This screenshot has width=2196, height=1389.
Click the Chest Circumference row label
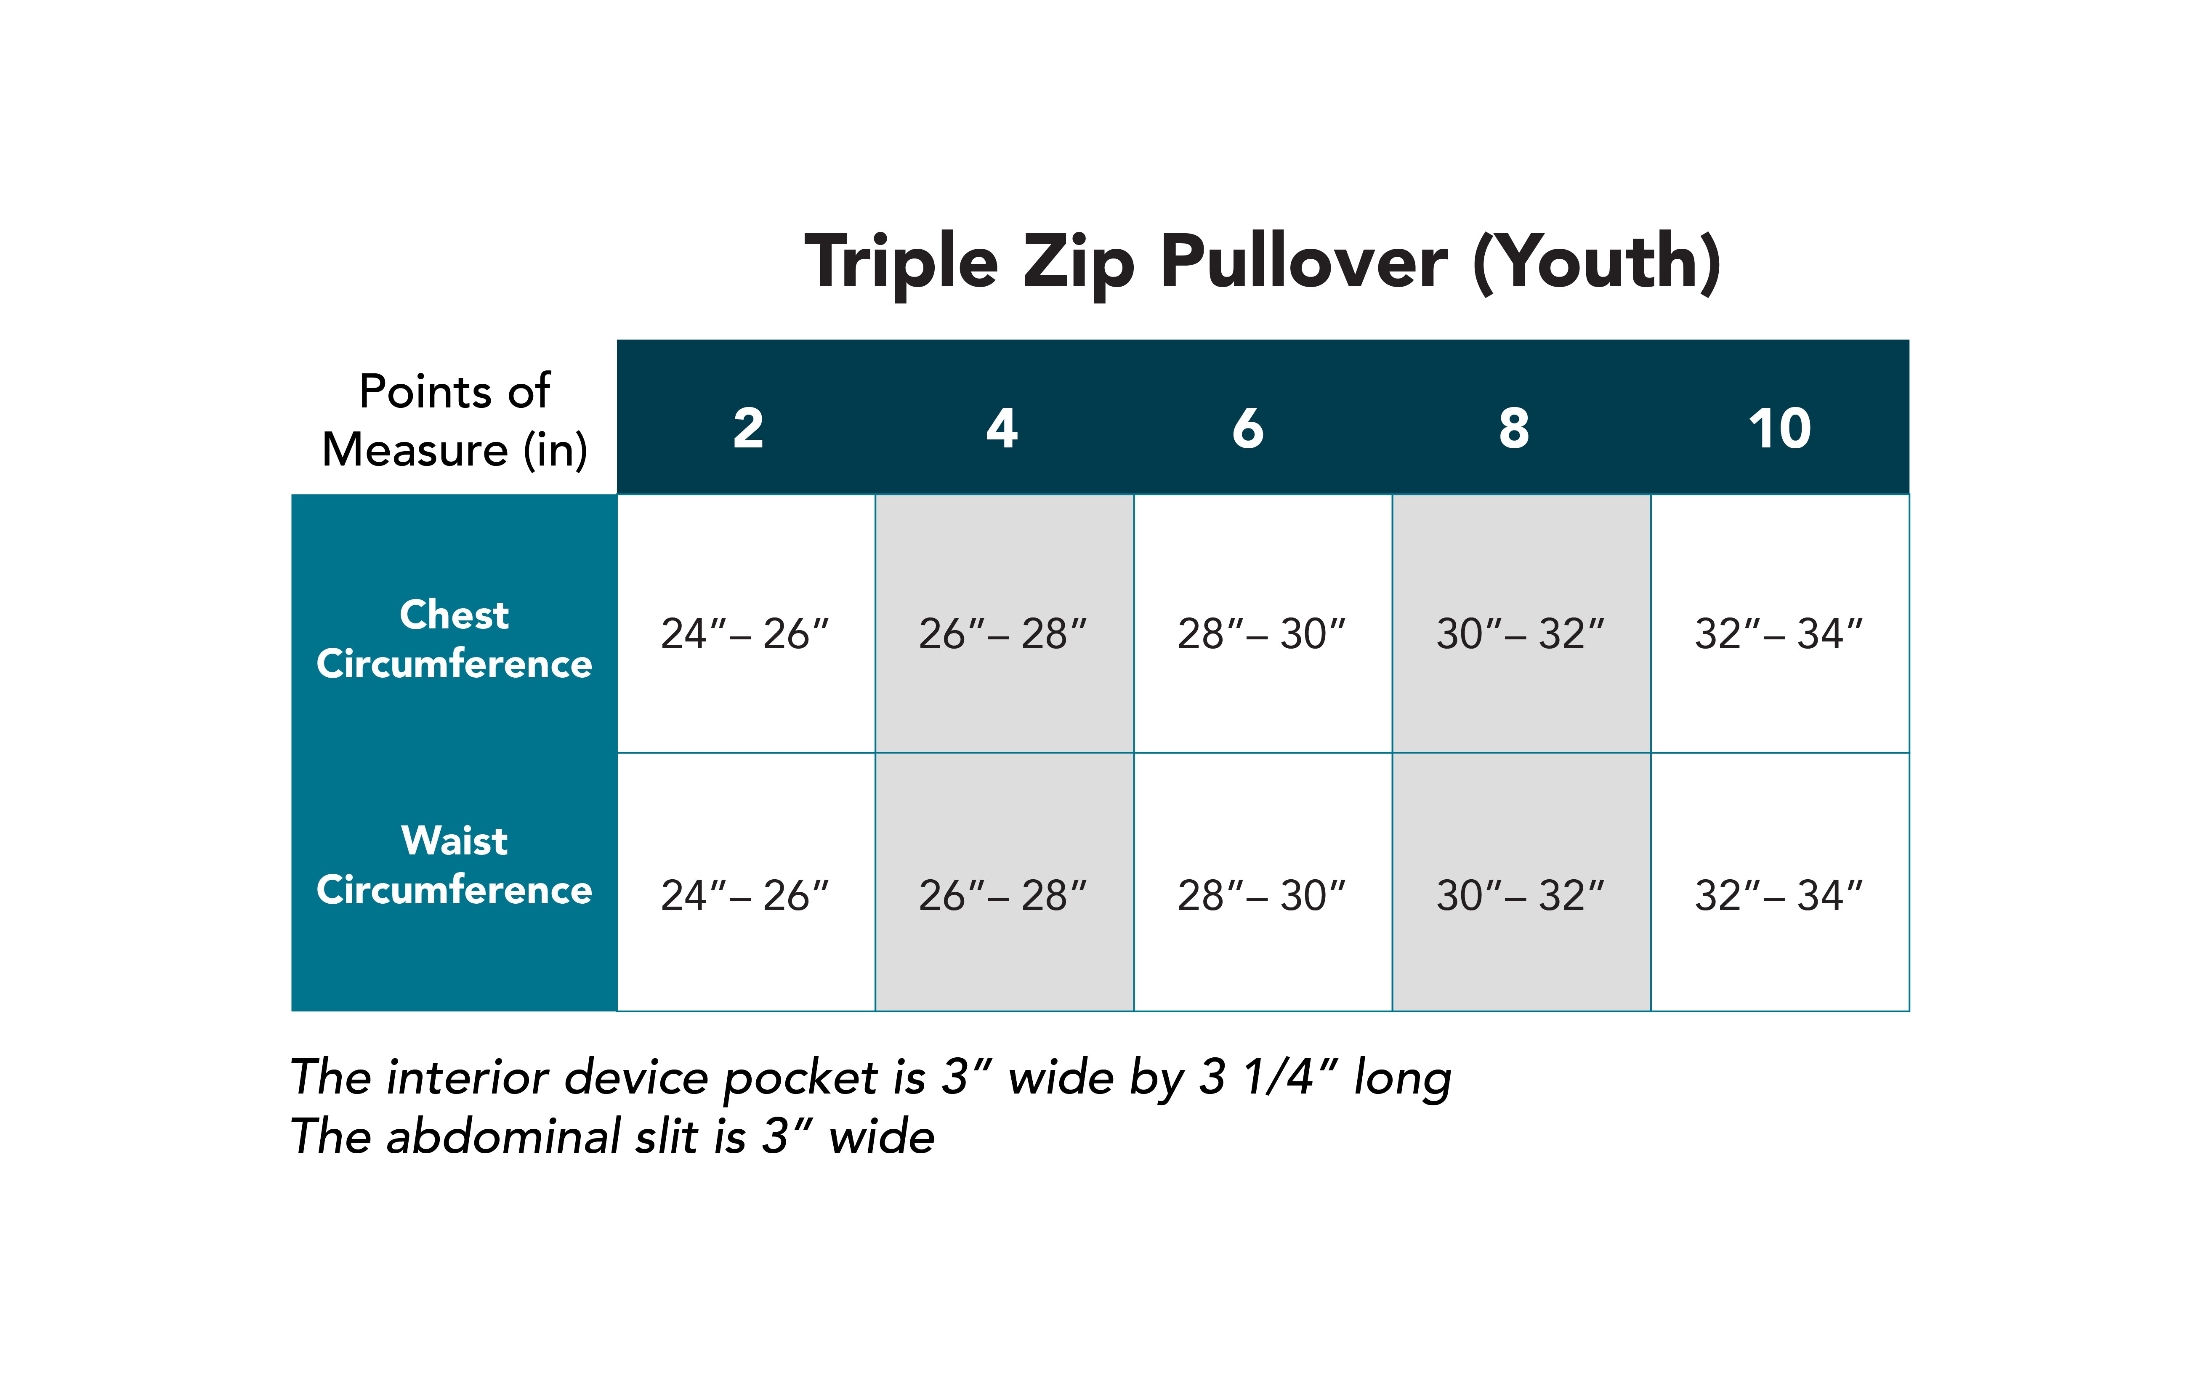pos(454,639)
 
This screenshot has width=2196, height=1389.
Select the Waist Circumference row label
pos(454,865)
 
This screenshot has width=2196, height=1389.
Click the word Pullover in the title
pos(1304,262)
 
